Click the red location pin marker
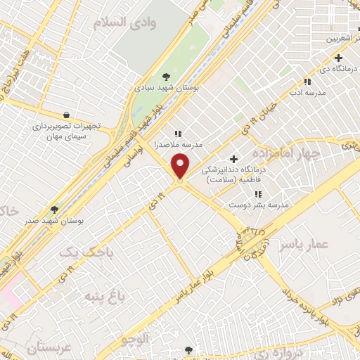click(181, 167)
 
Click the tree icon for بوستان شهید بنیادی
click(166, 77)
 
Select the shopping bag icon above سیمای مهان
click(66, 115)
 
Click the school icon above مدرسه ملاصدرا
click(178, 133)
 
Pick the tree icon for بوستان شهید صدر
click(55, 210)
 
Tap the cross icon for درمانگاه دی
click(339, 58)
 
